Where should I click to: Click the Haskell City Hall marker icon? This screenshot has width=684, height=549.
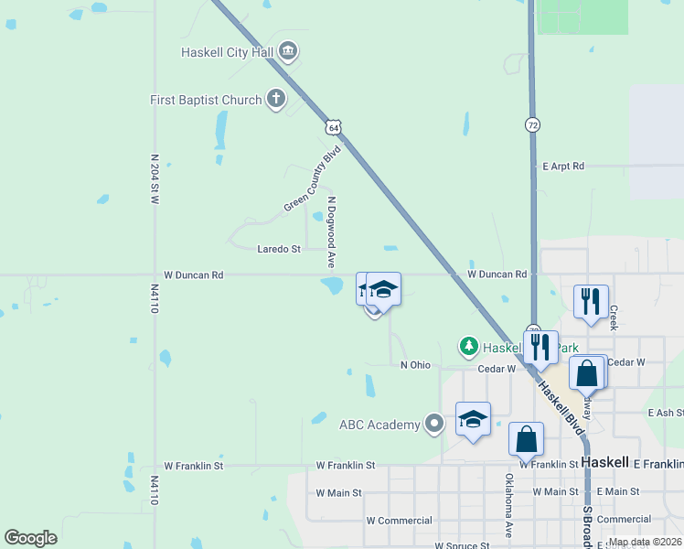coord(287,51)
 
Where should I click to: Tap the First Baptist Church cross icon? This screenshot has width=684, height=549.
coord(276,100)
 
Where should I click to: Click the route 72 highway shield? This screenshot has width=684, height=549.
coord(532,124)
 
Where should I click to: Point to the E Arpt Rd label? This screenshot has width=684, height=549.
coord(562,167)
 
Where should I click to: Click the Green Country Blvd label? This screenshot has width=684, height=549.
coord(312,178)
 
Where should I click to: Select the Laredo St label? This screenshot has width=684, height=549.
coord(279,249)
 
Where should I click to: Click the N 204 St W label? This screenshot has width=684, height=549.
coord(155,178)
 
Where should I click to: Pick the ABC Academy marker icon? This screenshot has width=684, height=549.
coord(434,424)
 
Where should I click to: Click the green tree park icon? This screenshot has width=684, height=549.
coord(468,346)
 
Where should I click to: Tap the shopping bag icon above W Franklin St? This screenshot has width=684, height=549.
coord(527,438)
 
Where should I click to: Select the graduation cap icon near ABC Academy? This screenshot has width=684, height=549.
coord(473,419)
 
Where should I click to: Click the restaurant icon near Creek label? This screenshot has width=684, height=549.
coord(591,301)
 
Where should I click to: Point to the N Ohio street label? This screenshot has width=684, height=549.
coord(415,365)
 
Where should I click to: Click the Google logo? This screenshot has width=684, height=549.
coord(30,537)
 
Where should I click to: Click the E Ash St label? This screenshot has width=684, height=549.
coord(665,414)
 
